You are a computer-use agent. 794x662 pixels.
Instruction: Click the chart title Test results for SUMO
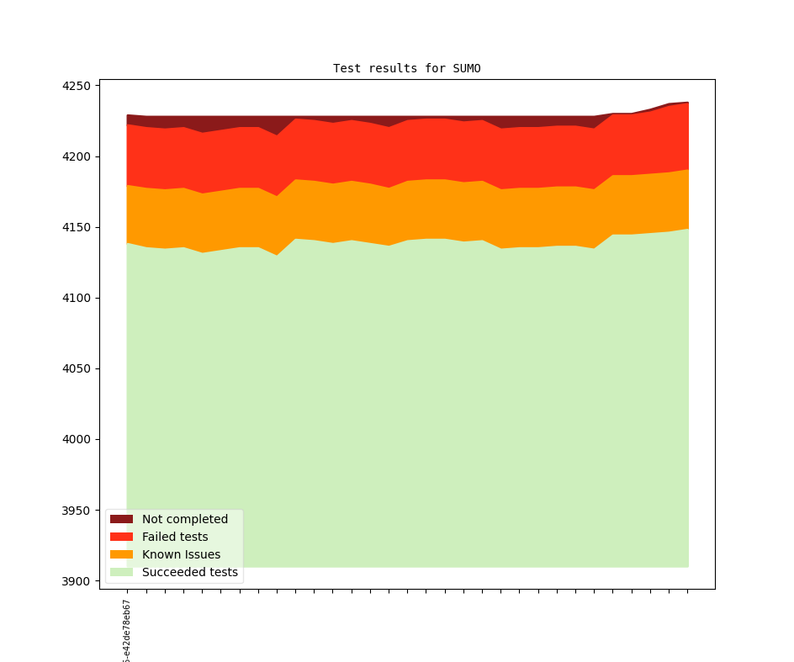(406, 68)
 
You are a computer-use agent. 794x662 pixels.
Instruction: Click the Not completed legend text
(185, 519)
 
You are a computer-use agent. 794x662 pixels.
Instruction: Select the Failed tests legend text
(175, 537)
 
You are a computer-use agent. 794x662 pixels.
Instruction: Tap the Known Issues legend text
(181, 554)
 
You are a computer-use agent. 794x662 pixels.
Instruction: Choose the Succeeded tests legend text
(190, 573)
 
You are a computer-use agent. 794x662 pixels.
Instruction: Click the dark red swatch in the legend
(121, 519)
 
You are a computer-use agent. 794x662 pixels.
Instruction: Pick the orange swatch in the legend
(121, 554)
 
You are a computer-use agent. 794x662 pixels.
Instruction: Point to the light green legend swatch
(121, 573)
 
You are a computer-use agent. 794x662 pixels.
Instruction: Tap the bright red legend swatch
(121, 537)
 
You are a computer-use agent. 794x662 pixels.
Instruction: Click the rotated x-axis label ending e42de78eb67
(127, 632)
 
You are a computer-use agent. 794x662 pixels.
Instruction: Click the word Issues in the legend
(201, 554)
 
